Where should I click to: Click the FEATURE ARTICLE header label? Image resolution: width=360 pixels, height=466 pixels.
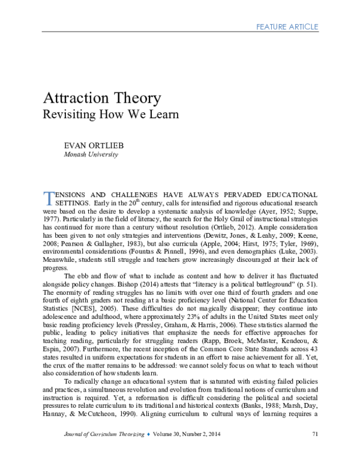pos(287,27)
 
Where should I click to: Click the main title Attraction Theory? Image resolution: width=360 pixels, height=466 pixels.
pos(102,98)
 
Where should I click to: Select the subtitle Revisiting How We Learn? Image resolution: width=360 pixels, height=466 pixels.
pos(111,114)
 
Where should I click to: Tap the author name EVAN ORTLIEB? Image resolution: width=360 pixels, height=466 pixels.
pos(94,145)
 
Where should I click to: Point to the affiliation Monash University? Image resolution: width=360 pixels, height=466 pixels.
pos(91,154)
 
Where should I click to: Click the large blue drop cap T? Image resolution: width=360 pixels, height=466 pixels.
pos(49,199)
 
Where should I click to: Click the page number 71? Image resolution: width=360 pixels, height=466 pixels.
pos(315,434)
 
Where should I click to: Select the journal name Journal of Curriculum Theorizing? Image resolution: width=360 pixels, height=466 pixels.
pos(104,434)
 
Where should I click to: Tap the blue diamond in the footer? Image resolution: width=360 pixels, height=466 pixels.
pos(149,434)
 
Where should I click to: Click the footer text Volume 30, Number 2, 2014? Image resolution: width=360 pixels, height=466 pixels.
pos(187,434)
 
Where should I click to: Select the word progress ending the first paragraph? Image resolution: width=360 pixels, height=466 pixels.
pos(55,268)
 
